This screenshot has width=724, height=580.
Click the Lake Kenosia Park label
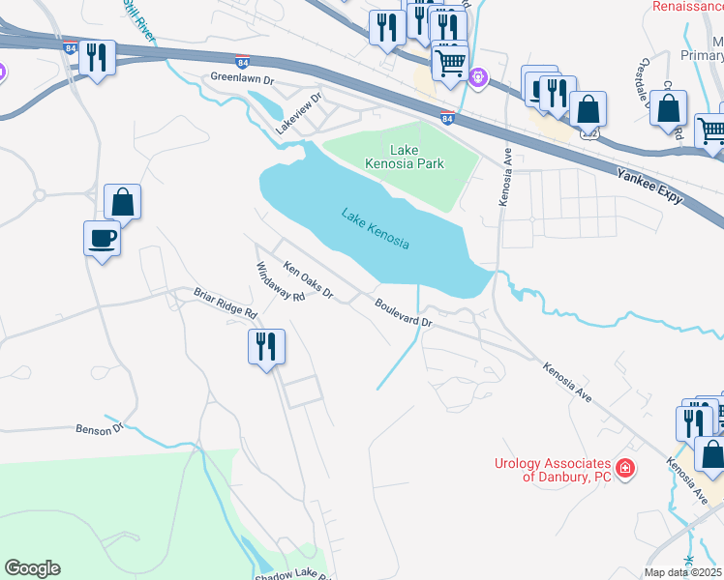(416, 157)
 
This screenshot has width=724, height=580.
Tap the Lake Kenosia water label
(375, 229)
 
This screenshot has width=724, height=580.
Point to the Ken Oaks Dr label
(308, 279)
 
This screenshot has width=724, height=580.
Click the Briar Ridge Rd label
(224, 302)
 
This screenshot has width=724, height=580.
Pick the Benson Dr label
(101, 427)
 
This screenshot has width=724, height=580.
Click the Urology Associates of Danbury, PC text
(554, 470)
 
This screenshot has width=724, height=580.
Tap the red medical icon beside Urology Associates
(625, 470)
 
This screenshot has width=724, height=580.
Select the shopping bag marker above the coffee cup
(123, 203)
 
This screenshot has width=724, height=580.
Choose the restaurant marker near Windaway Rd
(265, 345)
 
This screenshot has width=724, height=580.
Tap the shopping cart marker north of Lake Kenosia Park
(450, 64)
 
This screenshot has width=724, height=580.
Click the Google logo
(32, 568)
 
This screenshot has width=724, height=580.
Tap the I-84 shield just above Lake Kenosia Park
(446, 118)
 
